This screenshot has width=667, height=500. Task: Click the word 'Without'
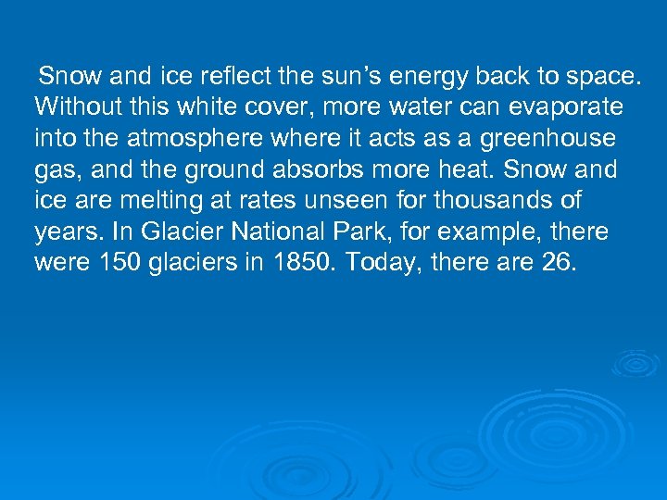73,106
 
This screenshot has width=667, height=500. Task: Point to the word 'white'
191,106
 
